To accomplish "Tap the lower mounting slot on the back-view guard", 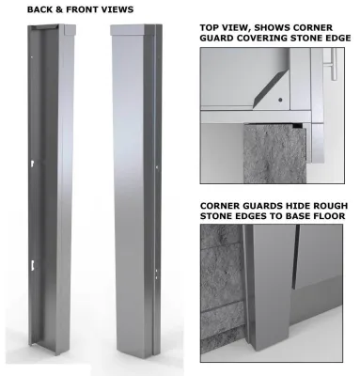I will [33, 266].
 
